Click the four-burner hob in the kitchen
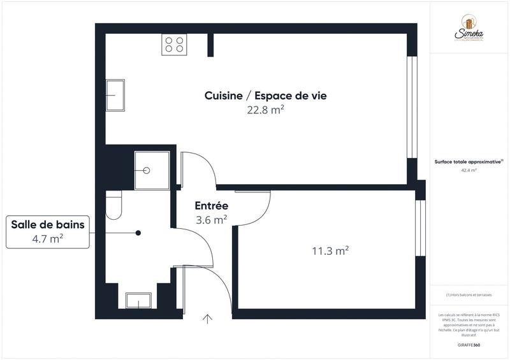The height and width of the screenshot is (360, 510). (175, 44)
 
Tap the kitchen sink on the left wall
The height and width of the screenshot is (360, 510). (115, 95)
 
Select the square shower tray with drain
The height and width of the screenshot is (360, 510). (152, 170)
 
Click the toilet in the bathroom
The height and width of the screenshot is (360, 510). (113, 205)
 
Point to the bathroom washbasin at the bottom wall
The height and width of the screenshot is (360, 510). (138, 300)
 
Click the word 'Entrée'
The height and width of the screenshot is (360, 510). (212, 206)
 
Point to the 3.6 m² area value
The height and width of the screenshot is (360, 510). (212, 220)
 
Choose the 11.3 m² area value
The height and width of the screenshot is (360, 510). (330, 251)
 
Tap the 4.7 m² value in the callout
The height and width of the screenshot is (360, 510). (48, 239)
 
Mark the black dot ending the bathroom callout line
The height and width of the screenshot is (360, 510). (138, 233)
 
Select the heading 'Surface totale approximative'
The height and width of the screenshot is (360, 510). (468, 162)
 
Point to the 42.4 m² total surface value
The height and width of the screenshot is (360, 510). (469, 171)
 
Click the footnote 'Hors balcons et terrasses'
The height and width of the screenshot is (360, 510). (469, 294)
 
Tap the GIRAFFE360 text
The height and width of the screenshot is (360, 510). (469, 344)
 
